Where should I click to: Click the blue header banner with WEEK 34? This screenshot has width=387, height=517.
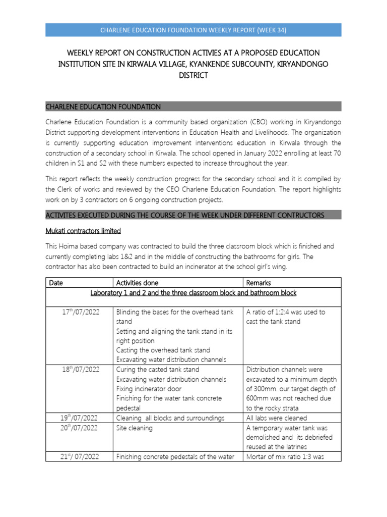[x=193, y=30]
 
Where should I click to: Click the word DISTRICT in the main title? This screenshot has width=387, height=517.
[x=193, y=75]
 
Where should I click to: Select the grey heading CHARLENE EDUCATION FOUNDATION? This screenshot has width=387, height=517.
[x=103, y=107]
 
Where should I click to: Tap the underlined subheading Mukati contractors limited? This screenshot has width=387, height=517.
[x=83, y=231]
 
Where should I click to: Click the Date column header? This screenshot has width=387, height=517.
[x=56, y=283]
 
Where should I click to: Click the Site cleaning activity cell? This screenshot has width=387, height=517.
[x=134, y=428]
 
